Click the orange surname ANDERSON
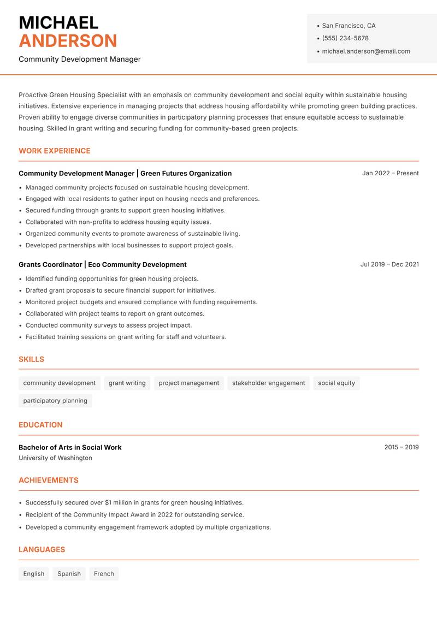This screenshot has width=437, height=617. pyautogui.click(x=68, y=41)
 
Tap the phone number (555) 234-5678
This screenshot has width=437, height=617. pyautogui.click(x=345, y=38)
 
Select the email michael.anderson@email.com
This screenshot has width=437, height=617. pyautogui.click(x=365, y=51)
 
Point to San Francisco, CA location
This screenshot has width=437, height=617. pyautogui.click(x=349, y=26)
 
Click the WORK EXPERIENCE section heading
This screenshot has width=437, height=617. pyautogui.click(x=55, y=151)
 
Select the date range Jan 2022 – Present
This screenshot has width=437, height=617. pyautogui.click(x=390, y=173)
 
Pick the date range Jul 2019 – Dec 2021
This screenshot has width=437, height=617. pyautogui.click(x=389, y=264)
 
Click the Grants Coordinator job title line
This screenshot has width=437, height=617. pyautogui.click(x=103, y=264)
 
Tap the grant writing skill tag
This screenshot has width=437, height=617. pyautogui.click(x=127, y=383)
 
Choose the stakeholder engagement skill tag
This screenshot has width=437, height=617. pyautogui.click(x=268, y=383)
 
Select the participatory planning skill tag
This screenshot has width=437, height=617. pyautogui.click(x=55, y=401)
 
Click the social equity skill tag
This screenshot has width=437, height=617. pyautogui.click(x=336, y=383)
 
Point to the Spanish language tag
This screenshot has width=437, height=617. pyautogui.click(x=69, y=574)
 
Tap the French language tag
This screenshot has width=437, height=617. pyautogui.click(x=104, y=574)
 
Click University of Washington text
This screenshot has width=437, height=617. pyautogui.click(x=55, y=458)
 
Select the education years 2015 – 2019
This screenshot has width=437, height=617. pyautogui.click(x=401, y=447)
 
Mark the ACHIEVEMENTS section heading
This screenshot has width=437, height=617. pyautogui.click(x=49, y=480)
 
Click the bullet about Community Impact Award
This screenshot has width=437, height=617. pyautogui.click(x=134, y=515)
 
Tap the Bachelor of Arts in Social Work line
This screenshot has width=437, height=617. pyautogui.click(x=70, y=447)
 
